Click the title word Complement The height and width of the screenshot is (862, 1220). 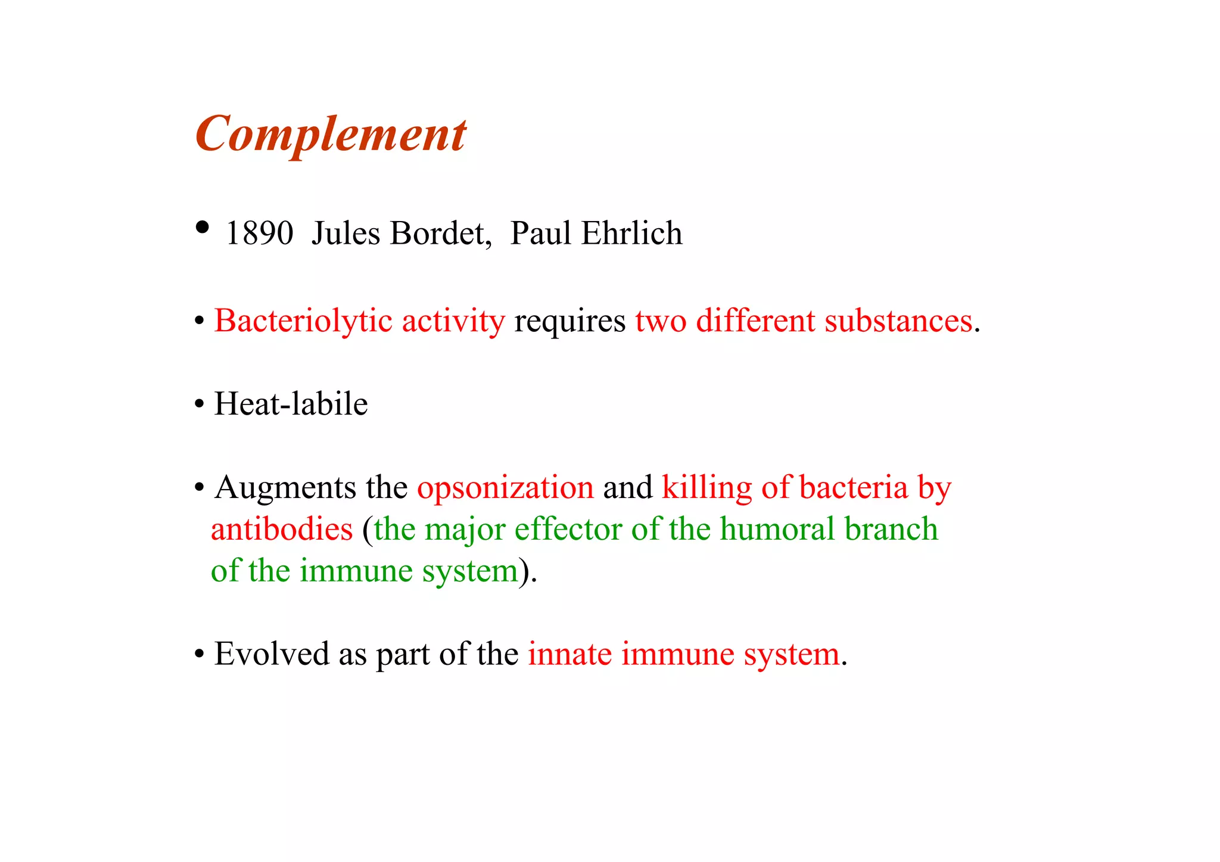[331, 135]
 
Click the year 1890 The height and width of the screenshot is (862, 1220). [259, 233]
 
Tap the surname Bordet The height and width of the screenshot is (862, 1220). [440, 233]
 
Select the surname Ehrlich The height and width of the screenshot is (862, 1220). [631, 233]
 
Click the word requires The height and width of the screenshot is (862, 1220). [569, 322]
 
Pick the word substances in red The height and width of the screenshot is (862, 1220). [898, 322]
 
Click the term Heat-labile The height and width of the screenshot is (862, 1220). [291, 404]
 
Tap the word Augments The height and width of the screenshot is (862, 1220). [285, 488]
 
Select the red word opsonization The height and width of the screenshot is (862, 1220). [505, 488]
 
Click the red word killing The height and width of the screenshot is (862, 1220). [707, 488]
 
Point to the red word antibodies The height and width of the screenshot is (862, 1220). [282, 530]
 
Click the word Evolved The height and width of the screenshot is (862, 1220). [272, 654]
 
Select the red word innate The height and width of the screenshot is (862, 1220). [569, 654]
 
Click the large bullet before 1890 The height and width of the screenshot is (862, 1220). [203, 227]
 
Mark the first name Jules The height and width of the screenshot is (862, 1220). [346, 233]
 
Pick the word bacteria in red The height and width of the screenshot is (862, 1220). [853, 488]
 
